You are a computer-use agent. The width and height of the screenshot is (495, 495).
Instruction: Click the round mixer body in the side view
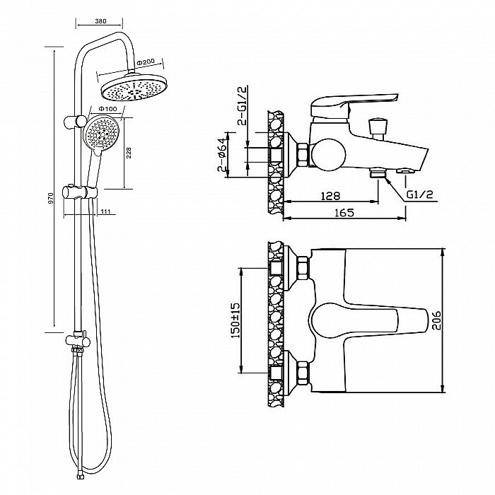326,152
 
